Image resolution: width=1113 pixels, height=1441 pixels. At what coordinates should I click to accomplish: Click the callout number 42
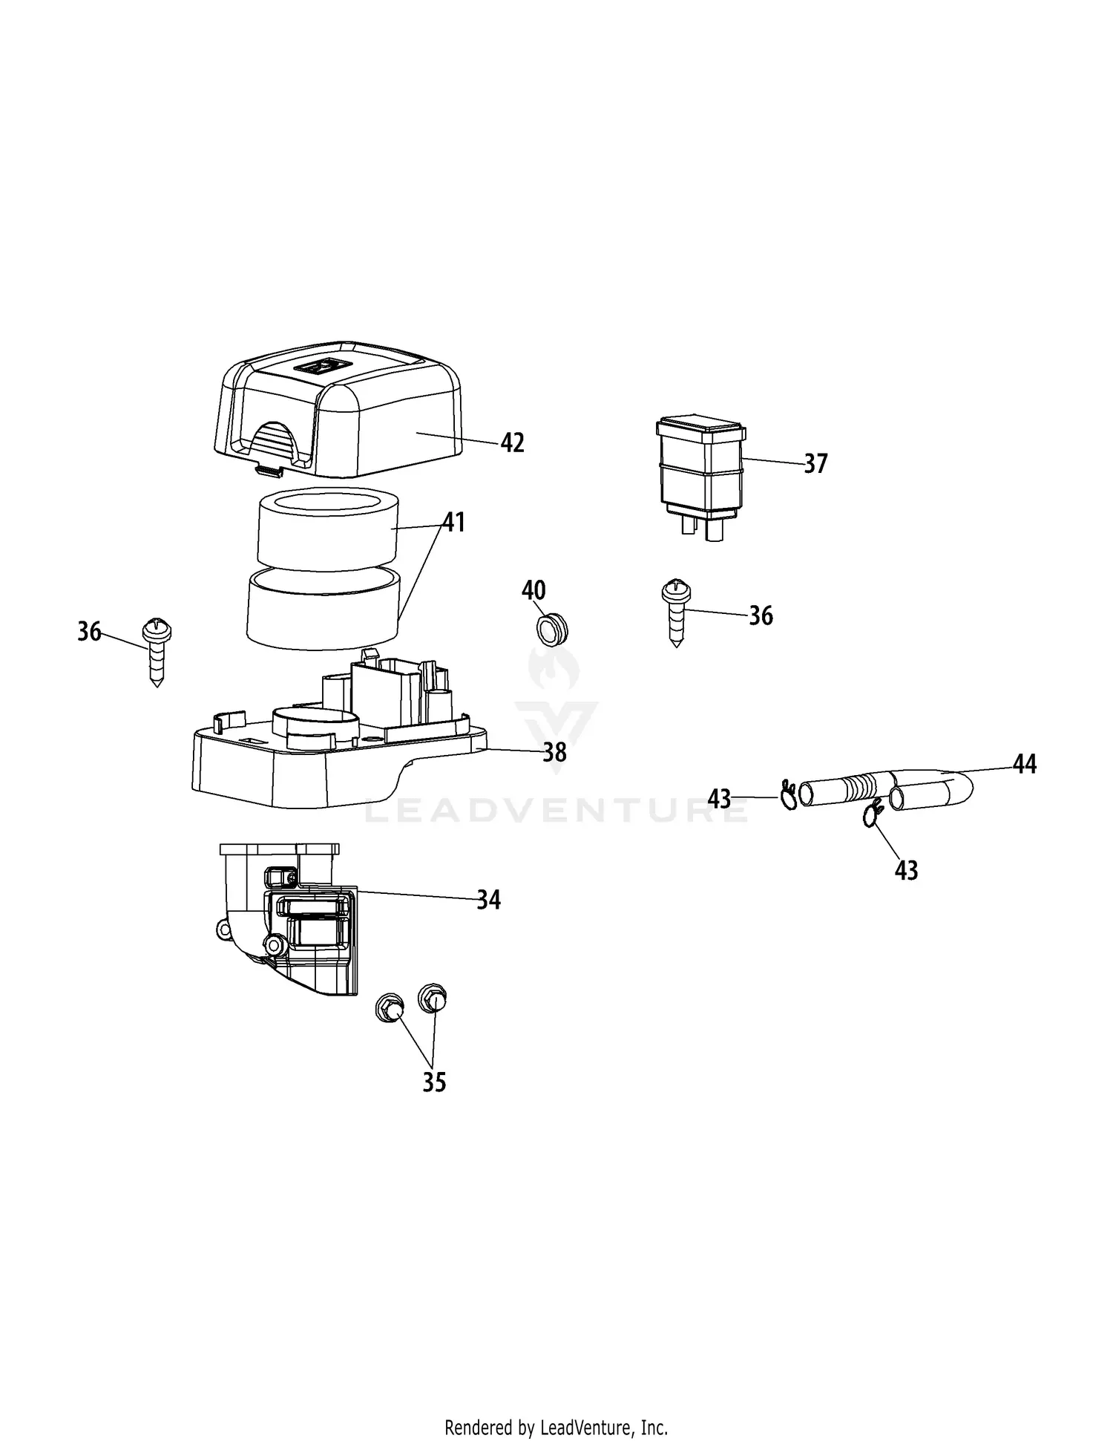(x=513, y=443)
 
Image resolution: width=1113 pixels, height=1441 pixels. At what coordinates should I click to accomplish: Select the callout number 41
(x=454, y=523)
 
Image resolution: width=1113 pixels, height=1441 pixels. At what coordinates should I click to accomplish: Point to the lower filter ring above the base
(x=324, y=609)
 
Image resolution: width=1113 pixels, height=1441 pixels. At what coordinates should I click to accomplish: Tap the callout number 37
(x=815, y=464)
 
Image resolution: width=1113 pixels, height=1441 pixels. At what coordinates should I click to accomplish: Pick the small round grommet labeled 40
(x=551, y=627)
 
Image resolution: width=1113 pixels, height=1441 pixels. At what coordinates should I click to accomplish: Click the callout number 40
(x=533, y=590)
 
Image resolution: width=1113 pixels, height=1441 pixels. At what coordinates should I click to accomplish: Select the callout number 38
(x=554, y=753)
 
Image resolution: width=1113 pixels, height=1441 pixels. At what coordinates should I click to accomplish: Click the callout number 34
(x=488, y=901)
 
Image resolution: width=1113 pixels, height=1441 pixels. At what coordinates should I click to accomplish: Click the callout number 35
(x=434, y=1082)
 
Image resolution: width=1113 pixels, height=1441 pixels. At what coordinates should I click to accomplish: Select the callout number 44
(x=1025, y=764)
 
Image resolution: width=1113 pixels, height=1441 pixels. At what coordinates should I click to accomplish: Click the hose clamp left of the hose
(x=788, y=796)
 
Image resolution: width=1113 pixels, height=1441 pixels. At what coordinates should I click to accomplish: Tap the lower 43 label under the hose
(x=907, y=870)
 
